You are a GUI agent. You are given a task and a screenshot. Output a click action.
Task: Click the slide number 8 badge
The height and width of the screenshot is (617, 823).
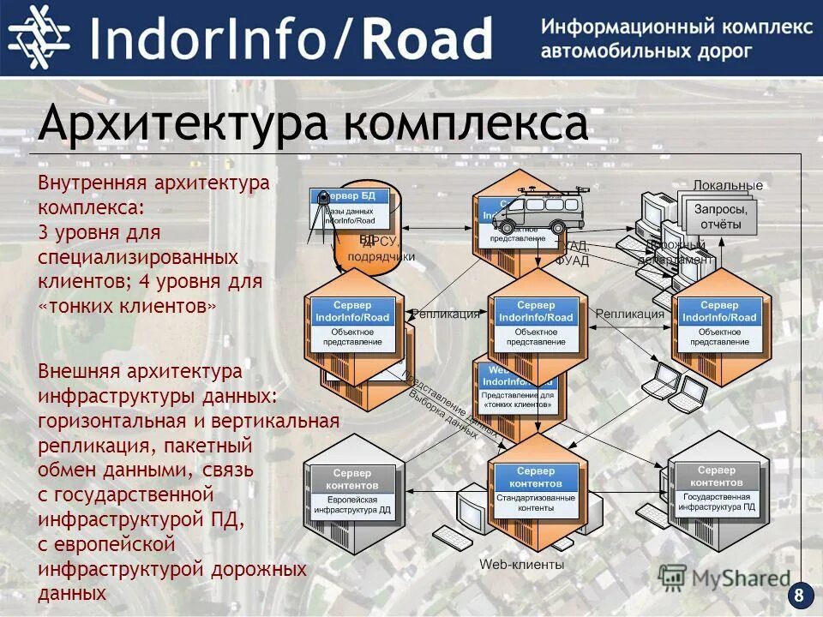tap(800, 596)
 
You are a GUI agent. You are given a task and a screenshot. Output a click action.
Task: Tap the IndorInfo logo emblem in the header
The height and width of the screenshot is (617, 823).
tap(39, 38)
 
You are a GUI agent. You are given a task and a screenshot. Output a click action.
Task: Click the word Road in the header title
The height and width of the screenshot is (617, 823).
tap(426, 39)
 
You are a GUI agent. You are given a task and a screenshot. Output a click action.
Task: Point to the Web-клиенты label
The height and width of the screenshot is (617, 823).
tap(521, 564)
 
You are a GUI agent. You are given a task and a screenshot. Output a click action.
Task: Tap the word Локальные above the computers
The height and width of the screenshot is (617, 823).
tap(727, 185)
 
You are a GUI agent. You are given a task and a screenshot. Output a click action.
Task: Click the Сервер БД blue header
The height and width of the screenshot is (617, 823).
tap(349, 196)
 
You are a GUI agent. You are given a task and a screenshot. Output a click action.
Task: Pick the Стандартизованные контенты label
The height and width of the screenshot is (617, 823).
tap(536, 502)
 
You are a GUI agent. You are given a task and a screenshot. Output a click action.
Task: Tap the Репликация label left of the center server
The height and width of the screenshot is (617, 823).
tap(446, 314)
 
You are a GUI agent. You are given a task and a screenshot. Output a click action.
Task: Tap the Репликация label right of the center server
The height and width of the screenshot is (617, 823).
tap(630, 314)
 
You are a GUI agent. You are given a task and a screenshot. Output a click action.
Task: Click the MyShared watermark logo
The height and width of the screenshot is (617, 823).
tap(724, 578)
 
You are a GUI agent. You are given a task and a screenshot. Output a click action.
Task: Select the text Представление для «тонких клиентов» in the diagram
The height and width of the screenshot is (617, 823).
tap(518, 399)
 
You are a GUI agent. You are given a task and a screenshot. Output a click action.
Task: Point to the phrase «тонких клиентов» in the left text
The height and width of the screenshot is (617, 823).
tap(129, 306)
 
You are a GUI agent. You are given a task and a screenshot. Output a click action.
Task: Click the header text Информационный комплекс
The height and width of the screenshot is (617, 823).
tap(676, 27)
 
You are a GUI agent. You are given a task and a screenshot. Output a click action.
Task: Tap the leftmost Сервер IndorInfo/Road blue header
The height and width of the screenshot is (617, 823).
tap(352, 311)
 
